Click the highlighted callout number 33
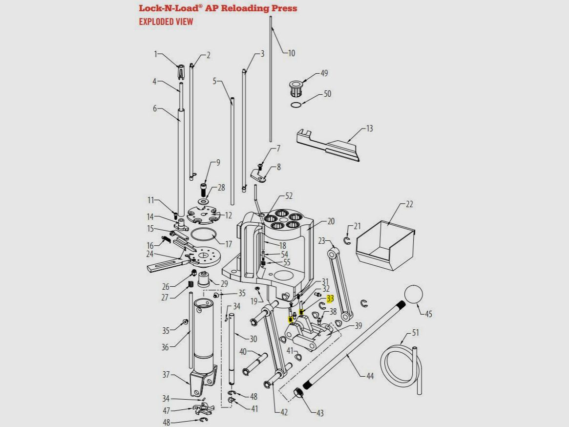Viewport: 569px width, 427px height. click(x=330, y=299)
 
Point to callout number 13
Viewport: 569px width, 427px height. click(x=369, y=128)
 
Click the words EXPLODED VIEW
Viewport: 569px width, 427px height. click(x=166, y=21)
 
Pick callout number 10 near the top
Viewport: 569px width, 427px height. click(x=292, y=53)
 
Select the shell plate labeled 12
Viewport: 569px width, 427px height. click(x=203, y=214)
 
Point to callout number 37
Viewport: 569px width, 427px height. click(x=166, y=375)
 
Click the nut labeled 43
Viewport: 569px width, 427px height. click(x=299, y=393)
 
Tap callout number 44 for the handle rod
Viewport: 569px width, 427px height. click(x=370, y=376)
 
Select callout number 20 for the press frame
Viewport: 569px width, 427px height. click(x=331, y=221)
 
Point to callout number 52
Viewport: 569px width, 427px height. click(x=289, y=196)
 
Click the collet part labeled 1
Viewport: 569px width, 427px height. click(x=180, y=72)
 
